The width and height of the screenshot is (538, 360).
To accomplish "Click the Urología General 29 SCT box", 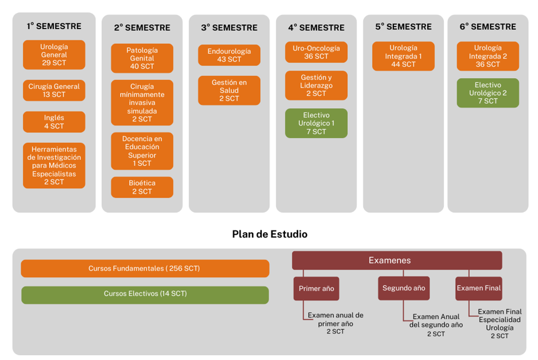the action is pos(54,55).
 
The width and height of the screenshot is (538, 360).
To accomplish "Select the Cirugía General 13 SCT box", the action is pos(54,91).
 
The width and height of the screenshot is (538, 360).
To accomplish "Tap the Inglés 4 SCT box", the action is pos(54,122).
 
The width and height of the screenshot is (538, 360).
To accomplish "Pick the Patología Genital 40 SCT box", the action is pos(142,58).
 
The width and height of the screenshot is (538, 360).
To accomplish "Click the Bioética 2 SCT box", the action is pos(142,187).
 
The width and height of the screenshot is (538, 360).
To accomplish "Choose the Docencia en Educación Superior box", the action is pos(142,151).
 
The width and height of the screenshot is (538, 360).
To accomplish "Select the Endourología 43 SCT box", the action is pos(229,55).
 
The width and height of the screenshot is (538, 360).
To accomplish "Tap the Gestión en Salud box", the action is pos(229,91).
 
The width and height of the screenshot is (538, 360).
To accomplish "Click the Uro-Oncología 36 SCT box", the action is pos(316,52).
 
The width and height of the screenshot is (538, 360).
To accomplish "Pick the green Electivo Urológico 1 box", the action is pos(316,123).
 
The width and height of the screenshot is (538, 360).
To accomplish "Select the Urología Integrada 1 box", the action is pos(404,56).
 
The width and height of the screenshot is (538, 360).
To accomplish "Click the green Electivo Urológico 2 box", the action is pos(488,93).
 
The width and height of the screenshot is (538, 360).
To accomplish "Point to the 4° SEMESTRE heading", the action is pos(316,27).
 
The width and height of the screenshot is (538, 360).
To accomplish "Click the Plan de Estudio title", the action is pos(270,234).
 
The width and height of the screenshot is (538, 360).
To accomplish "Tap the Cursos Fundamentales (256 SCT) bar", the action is pos(145,268).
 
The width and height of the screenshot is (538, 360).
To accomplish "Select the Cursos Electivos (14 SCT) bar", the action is pos(145,295).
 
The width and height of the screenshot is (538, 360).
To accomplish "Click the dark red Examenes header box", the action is pos(397,261).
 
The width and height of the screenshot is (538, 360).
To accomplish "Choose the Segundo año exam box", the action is pos(404,288).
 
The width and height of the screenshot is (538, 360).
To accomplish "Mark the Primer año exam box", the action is pos(316,289).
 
